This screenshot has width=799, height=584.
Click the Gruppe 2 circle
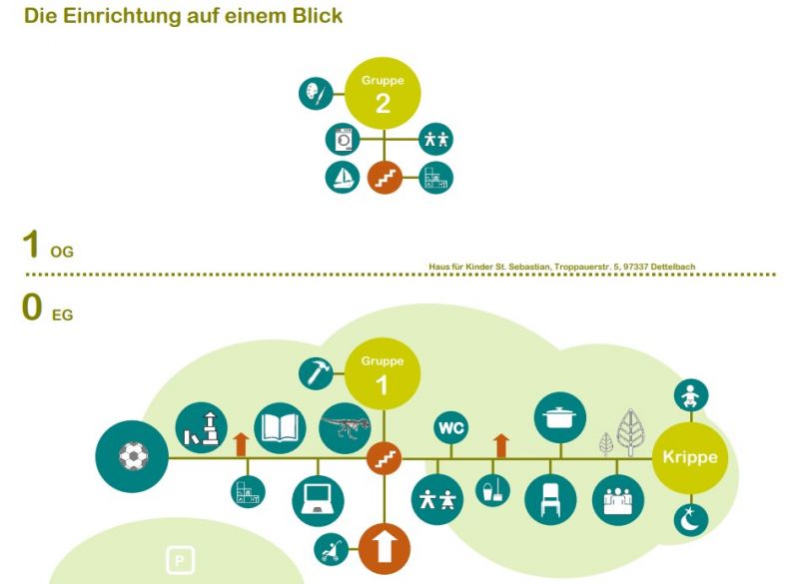[x=383, y=94]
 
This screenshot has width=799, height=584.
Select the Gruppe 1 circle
[x=383, y=373]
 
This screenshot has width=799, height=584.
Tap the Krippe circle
[x=690, y=458]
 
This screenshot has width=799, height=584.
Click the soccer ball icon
[x=131, y=457]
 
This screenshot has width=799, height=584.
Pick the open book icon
[x=279, y=427]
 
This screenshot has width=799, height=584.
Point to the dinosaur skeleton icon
[x=345, y=428]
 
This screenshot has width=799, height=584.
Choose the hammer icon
[x=316, y=373]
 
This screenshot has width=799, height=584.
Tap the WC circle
[x=451, y=428]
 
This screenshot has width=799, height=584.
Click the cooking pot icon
[x=559, y=416]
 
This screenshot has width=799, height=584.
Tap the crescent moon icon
[x=691, y=519]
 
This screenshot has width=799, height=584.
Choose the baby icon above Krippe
[x=691, y=396]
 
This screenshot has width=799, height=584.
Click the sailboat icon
[x=343, y=178]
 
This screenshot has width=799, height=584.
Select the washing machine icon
[x=343, y=140]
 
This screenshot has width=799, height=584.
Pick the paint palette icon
[x=315, y=94]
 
